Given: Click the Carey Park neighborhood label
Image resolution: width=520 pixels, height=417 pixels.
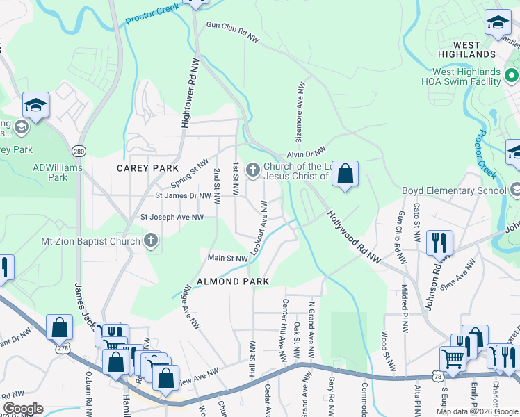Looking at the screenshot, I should coord(147,169).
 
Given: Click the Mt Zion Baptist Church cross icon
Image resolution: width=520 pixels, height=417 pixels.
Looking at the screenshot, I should coord(150,241).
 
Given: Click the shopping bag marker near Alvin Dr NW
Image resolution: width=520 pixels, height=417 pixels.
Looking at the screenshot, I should coord(345,174).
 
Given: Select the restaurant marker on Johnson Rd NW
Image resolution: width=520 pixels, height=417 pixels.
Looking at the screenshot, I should coord(439,243).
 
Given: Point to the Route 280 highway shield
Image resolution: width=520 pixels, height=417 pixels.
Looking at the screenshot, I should coord(79,151).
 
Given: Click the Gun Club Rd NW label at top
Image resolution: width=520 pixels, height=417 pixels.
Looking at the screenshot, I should coord(232,32).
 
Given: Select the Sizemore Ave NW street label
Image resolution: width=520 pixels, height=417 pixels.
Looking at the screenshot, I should coord(302,108).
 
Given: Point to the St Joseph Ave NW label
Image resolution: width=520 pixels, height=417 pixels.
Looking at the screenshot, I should coord(172,218).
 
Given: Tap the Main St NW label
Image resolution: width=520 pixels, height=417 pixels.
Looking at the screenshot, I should coord(228,258).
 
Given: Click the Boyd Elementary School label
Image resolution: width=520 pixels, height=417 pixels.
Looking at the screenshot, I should coord(454,190).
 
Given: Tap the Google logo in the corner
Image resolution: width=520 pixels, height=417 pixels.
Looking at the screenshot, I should coord(23,409).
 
